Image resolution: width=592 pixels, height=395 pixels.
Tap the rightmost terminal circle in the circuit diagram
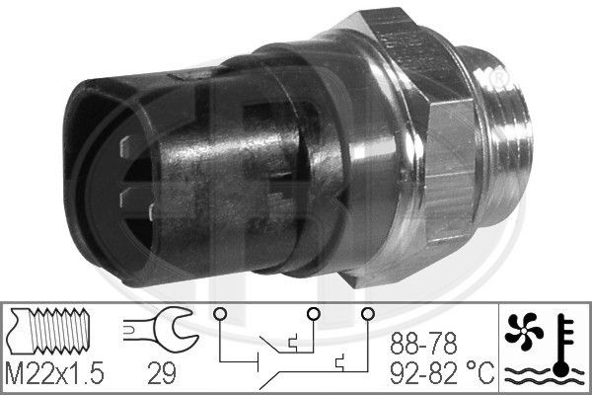(x=367, y=314)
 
